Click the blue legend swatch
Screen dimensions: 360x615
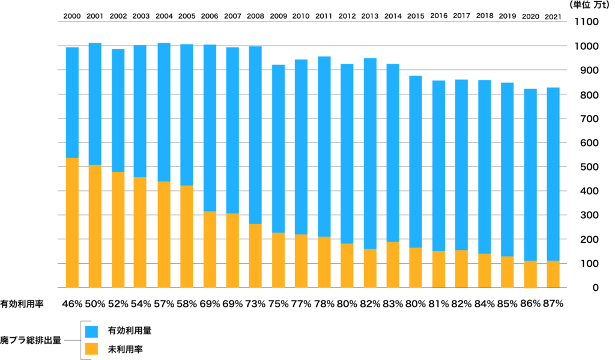click(91, 332)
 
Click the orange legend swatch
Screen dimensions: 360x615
click(91, 349)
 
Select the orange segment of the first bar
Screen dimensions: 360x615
click(72, 222)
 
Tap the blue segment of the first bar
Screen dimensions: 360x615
click(72, 102)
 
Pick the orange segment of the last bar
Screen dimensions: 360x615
click(553, 274)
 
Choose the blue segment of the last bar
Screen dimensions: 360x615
click(553, 174)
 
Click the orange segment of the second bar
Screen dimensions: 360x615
click(95, 226)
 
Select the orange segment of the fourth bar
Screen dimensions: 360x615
click(140, 232)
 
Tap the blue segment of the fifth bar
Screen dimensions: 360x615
click(164, 112)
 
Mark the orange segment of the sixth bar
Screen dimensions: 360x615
click(187, 236)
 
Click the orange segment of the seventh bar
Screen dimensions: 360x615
click(210, 249)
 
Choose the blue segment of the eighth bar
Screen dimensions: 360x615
click(232, 130)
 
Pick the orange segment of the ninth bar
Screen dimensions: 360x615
click(255, 255)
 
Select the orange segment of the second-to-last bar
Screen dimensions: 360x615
click(530, 274)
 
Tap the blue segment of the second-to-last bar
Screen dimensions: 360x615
click(530, 174)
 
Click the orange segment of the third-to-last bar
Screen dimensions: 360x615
click(507, 272)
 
